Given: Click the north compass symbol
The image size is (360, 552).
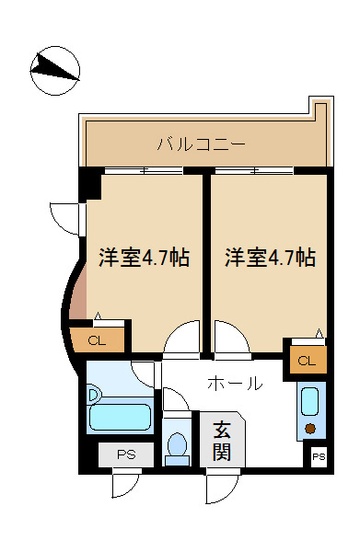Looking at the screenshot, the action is pyautogui.click(x=55, y=71).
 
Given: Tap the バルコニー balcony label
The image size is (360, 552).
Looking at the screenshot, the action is pyautogui.click(x=201, y=144).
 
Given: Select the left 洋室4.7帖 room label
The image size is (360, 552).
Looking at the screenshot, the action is pyautogui.click(x=144, y=258).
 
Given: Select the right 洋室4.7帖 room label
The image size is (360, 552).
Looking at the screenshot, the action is pyautogui.click(x=270, y=258).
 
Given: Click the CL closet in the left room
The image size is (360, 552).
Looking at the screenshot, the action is pyautogui.click(x=97, y=340).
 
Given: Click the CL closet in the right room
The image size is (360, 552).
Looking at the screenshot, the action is pyautogui.click(x=307, y=360).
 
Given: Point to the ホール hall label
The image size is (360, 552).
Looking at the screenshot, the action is pyautogui.click(x=235, y=383).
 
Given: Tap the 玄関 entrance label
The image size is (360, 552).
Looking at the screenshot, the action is pyautogui.click(x=222, y=441).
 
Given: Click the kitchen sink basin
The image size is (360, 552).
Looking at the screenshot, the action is pyautogui.click(x=310, y=401).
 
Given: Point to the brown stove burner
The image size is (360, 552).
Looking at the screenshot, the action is pyautogui.click(x=310, y=429).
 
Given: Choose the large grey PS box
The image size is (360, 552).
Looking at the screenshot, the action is pyautogui.click(x=126, y=454).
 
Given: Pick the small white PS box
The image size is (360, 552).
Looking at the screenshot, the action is pyautogui.click(x=319, y=457).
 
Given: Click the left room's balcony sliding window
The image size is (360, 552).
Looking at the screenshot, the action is pyautogui.click(x=144, y=171).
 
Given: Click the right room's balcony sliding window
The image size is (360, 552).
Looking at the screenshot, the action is pyautogui.click(x=254, y=171).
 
